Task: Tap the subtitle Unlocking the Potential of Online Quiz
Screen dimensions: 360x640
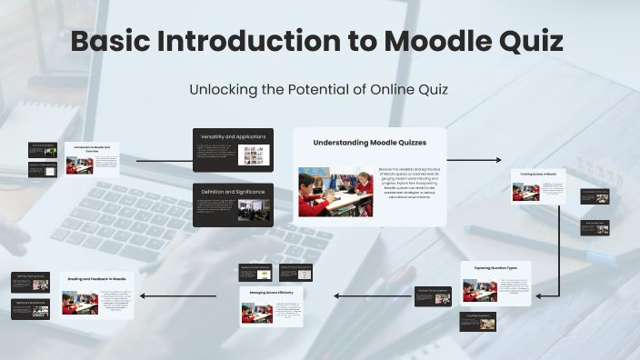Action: (319, 90)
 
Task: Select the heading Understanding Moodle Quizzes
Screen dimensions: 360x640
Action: (369, 143)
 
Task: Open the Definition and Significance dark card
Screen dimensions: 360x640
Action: (233, 205)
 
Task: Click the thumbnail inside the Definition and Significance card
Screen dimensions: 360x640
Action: (250, 211)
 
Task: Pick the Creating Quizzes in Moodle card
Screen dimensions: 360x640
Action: (537, 186)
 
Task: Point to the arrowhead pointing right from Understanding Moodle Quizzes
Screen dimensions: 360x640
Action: (497, 160)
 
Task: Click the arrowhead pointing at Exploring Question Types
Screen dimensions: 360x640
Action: (537, 295)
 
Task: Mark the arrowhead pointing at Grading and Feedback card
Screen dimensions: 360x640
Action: (142, 295)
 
